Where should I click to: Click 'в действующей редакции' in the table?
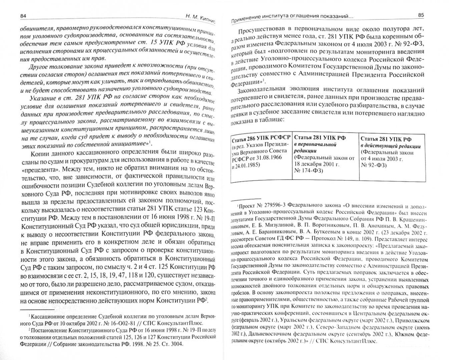[390, 146]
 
